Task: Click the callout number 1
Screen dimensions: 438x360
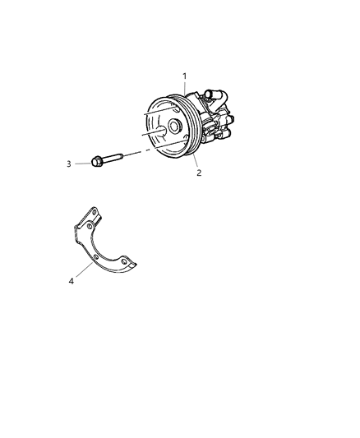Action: pos(186,77)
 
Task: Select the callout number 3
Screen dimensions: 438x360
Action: pos(69,164)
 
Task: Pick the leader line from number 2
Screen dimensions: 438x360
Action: pos(194,162)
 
